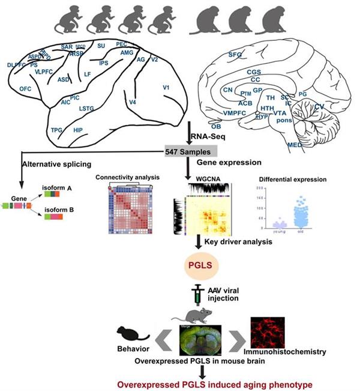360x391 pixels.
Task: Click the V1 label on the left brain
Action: click(x=166, y=88)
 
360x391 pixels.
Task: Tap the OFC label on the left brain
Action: click(x=25, y=88)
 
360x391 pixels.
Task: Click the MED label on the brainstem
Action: click(x=295, y=145)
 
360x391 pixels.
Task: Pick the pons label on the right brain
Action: click(x=284, y=120)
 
